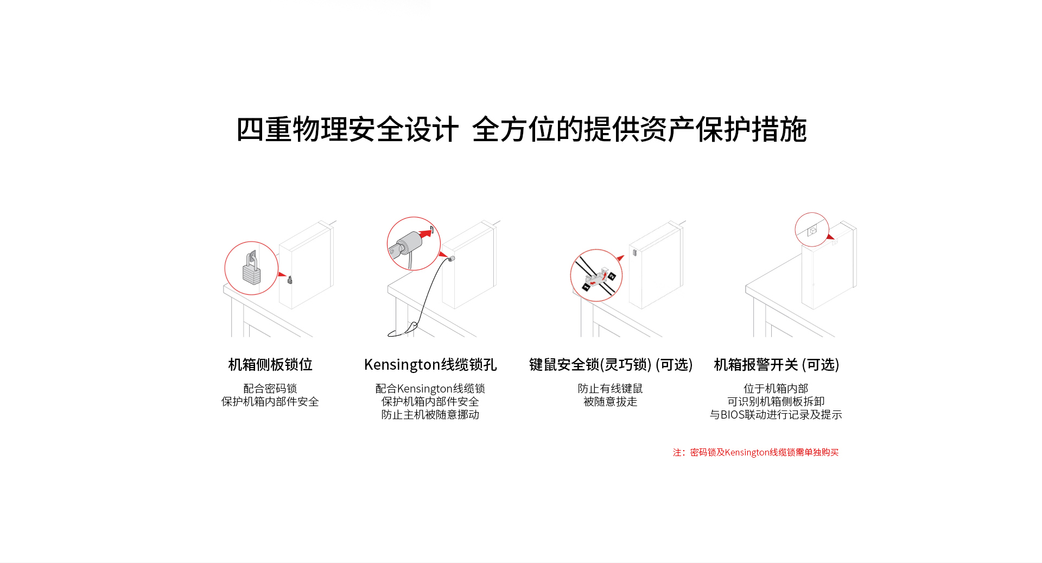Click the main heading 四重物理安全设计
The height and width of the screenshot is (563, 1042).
(347, 129)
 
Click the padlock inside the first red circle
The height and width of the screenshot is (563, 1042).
(251, 268)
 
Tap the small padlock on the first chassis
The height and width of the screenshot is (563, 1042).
(290, 280)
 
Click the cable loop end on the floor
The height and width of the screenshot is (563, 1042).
(402, 330)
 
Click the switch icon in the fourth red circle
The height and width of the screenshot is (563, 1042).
(812, 231)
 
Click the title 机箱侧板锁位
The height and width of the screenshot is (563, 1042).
(270, 364)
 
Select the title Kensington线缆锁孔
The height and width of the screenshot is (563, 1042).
(430, 364)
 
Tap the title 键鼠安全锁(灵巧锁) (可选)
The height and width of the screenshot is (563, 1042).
(611, 364)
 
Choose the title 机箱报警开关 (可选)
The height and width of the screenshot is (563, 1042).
(776, 364)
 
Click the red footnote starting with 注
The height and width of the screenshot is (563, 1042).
(755, 452)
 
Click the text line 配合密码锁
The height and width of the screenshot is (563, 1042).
(270, 389)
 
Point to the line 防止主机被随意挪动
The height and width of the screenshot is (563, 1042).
(430, 415)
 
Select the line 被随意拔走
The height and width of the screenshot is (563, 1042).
(611, 402)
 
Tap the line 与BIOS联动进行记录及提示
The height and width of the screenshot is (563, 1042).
(776, 415)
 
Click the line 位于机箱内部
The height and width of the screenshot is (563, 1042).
(776, 389)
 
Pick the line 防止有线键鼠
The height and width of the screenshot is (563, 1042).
(611, 389)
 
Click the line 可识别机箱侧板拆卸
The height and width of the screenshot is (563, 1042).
(776, 402)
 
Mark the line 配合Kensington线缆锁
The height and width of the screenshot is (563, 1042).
(430, 389)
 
